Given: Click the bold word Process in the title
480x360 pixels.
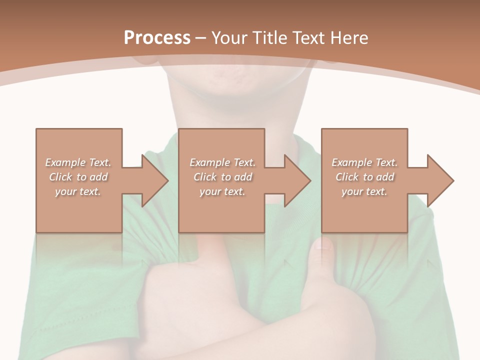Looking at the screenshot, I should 157,37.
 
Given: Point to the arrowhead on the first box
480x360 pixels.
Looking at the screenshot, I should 154,180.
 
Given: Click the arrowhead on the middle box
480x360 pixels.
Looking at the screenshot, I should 297,180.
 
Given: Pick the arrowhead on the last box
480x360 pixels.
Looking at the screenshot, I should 440,180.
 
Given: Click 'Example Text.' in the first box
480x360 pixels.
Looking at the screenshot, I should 78,162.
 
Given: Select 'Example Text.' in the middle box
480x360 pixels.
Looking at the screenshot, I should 222,162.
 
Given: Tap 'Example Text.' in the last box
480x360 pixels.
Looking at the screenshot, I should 364,162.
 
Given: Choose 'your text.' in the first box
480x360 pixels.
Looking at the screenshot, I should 78,191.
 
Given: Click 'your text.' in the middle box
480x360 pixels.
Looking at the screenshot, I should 222,191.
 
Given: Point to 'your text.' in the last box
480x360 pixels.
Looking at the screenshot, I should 364,191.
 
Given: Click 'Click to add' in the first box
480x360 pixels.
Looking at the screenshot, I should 78,177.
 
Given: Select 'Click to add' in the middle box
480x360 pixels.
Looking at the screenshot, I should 222,177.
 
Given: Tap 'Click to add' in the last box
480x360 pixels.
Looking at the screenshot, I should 364,177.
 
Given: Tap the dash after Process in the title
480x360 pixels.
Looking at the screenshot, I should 201,38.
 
